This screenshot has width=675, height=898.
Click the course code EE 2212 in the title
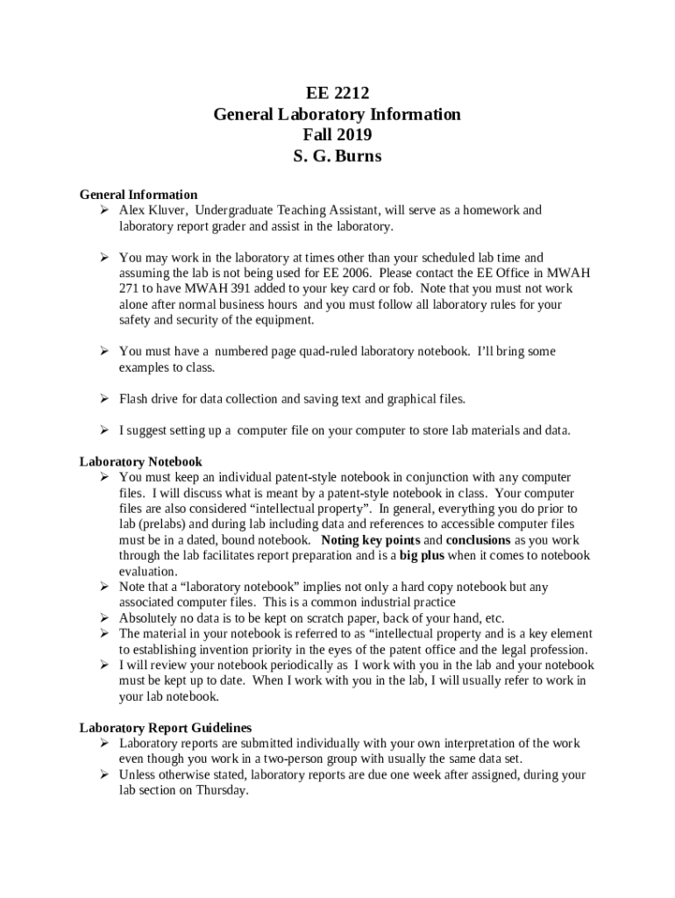[x=337, y=94]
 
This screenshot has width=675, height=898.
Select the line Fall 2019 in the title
[x=337, y=135]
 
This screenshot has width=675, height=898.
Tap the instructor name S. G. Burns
[x=337, y=157]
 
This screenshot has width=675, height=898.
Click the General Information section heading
[x=139, y=195]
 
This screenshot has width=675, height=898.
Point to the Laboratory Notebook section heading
[x=141, y=461]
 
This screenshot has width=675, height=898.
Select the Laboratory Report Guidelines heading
[x=166, y=728]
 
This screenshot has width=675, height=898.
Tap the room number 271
[x=129, y=289]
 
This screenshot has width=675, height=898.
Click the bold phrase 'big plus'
[x=422, y=556]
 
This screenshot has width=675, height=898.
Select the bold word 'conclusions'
[x=478, y=540]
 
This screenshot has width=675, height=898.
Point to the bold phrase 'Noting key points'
[x=371, y=540]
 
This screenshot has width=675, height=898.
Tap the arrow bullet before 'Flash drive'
[x=103, y=399]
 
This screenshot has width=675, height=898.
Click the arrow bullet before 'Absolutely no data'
[x=103, y=618]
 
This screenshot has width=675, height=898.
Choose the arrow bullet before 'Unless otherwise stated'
[x=103, y=775]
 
